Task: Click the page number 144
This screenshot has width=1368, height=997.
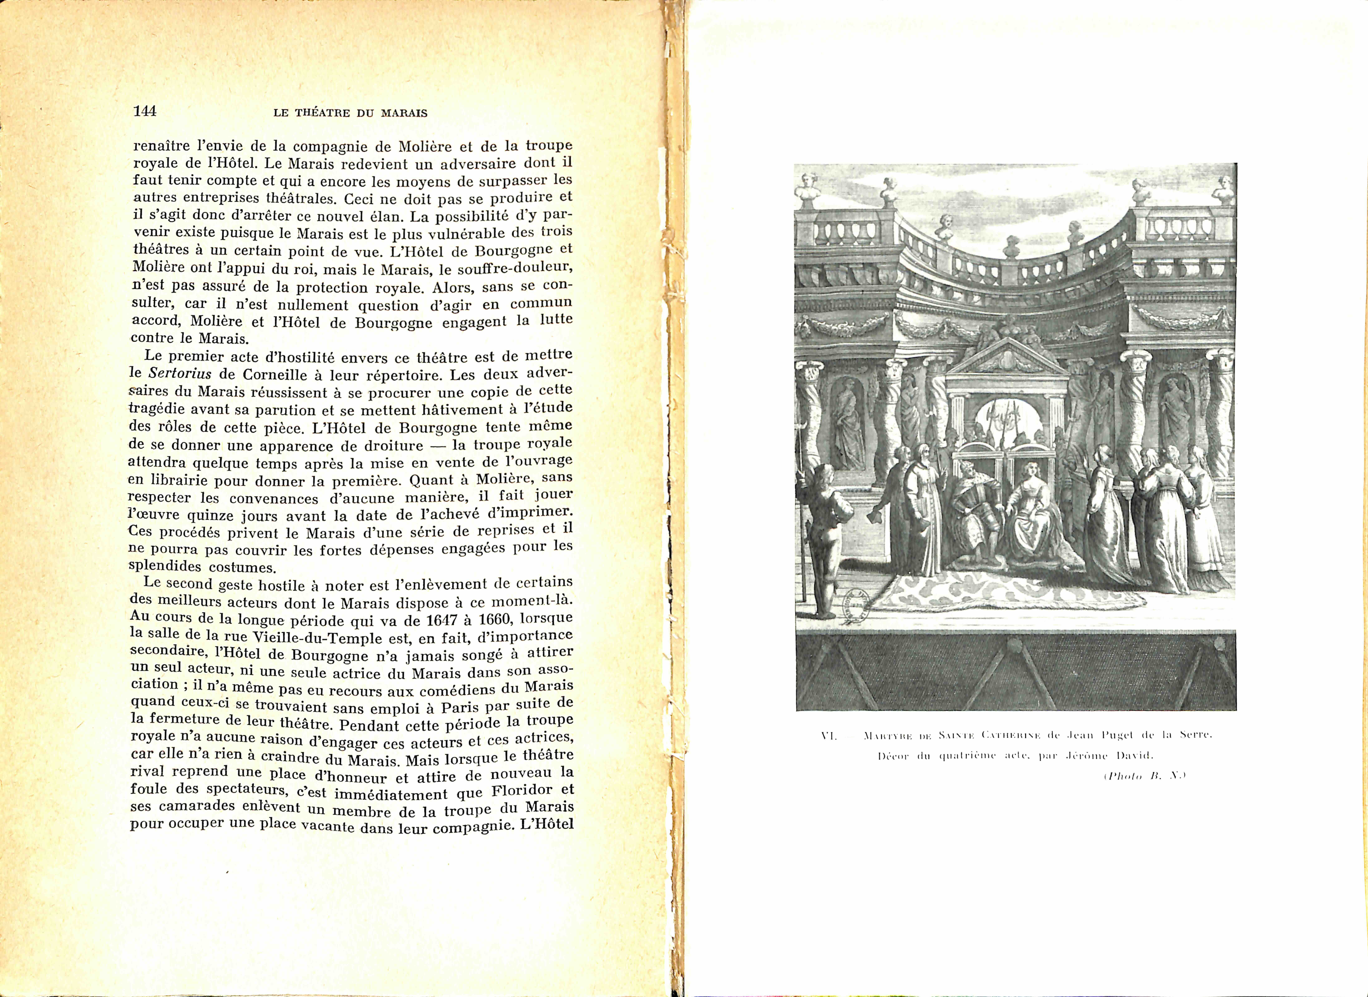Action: [145, 111]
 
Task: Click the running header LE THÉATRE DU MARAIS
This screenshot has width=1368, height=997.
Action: [350, 113]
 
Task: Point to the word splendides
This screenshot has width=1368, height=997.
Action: [166, 567]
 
